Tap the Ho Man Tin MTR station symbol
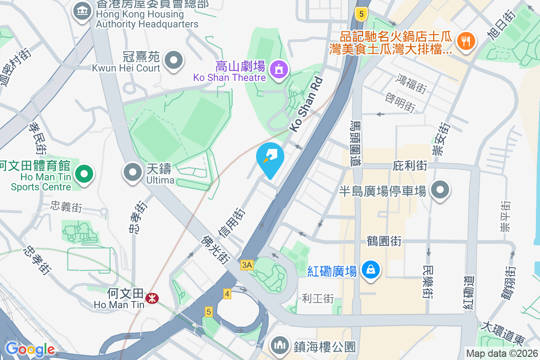152,297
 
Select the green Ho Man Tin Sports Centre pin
83,174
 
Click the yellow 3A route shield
247,265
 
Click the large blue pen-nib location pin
270,159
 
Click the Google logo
30,349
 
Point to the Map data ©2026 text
502,353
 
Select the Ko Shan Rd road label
306,104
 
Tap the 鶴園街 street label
384,241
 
